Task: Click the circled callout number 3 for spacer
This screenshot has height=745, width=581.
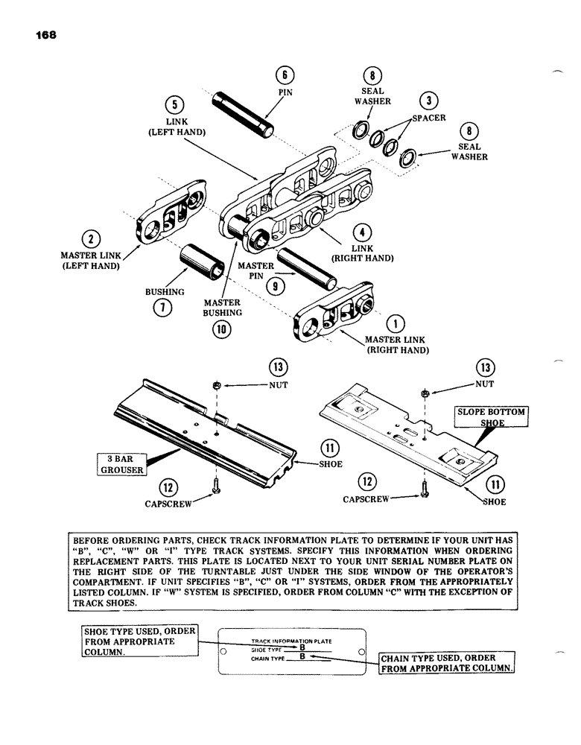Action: click(x=428, y=101)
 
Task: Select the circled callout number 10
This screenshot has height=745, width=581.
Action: click(x=221, y=332)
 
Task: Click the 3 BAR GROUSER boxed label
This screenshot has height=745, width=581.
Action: click(x=121, y=463)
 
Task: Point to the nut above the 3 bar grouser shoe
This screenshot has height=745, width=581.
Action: click(x=216, y=385)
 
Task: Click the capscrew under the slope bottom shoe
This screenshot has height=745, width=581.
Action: click(x=423, y=491)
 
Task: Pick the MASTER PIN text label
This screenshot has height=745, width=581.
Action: click(x=255, y=270)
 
